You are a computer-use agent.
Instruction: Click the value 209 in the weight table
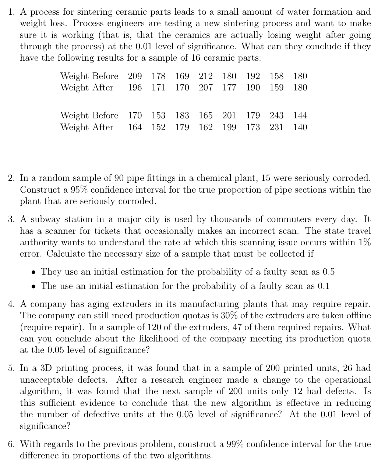tap(135, 76)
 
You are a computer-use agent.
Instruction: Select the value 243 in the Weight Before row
tap(276, 115)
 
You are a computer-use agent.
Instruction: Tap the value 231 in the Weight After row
tap(276, 127)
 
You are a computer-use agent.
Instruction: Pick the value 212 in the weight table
tap(205, 76)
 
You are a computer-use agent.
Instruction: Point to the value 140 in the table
tap(300, 127)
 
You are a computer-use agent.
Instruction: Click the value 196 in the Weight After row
tap(135, 88)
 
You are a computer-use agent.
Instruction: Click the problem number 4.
tap(11, 304)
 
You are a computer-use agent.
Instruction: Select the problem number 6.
tap(11, 444)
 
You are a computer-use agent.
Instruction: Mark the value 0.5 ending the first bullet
tap(328, 272)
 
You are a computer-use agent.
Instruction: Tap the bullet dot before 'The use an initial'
tap(33, 286)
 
